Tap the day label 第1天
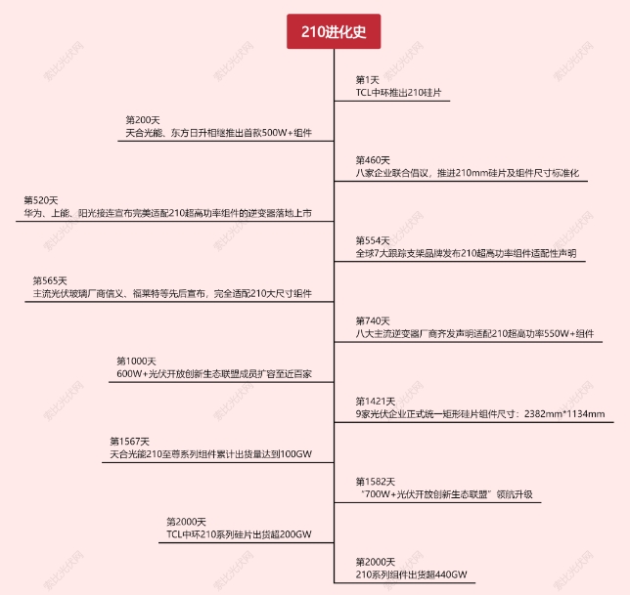[367, 80]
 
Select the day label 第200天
[143, 119]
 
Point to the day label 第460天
[372, 160]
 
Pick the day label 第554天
[372, 240]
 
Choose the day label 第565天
[51, 280]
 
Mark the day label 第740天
[372, 321]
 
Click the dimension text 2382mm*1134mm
[564, 413]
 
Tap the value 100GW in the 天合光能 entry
[297, 454]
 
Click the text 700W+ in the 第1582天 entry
[379, 494]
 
